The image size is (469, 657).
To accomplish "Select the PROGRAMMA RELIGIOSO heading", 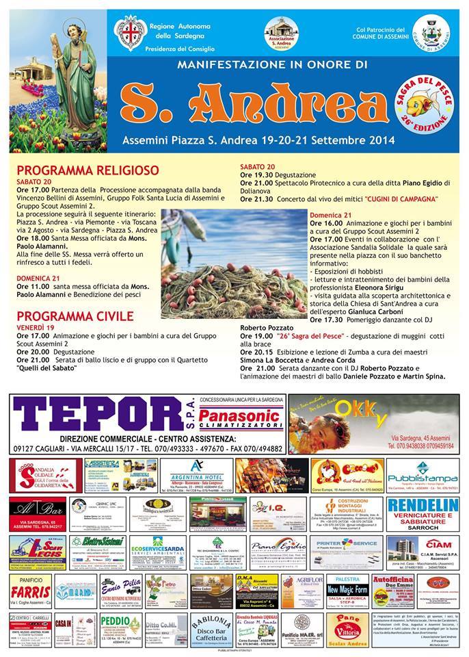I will click(x=88, y=170).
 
